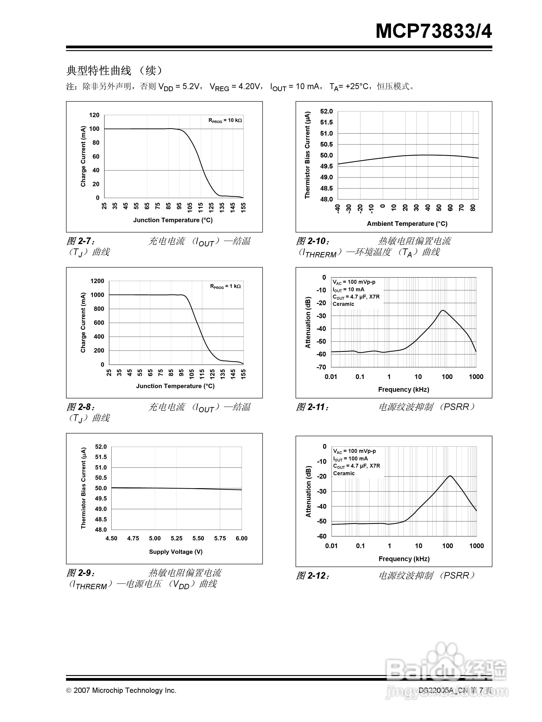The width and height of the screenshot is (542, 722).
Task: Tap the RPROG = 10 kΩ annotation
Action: click(x=225, y=120)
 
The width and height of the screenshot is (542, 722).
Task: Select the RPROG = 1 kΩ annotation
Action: click(x=225, y=286)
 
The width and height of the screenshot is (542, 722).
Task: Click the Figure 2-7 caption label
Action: click(x=81, y=241)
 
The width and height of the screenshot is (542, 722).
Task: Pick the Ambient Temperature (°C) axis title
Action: click(x=407, y=224)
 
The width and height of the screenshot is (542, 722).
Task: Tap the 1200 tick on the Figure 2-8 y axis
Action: click(x=97, y=281)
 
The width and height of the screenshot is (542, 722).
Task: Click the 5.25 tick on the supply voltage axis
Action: click(x=176, y=538)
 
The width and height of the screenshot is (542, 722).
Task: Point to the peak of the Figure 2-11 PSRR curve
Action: click(x=442, y=310)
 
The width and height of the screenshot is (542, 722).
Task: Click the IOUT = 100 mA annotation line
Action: click(x=350, y=459)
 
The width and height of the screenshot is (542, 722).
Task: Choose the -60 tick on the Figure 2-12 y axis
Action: click(x=322, y=536)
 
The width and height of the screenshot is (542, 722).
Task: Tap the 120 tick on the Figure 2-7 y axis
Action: click(x=94, y=115)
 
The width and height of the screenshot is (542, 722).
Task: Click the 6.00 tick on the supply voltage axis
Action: click(x=241, y=538)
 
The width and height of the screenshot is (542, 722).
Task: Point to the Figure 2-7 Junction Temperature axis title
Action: click(x=173, y=220)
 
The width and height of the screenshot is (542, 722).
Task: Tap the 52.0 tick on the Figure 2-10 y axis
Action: click(x=326, y=111)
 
